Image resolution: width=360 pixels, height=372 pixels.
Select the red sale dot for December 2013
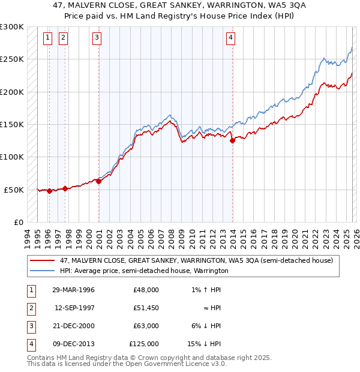(x=232, y=141)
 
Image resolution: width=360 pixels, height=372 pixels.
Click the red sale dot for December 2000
(x=99, y=181)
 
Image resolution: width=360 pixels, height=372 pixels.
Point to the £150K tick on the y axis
(x=12, y=124)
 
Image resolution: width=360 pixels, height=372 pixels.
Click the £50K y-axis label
(x=14, y=190)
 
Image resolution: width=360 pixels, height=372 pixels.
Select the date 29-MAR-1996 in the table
(x=73, y=290)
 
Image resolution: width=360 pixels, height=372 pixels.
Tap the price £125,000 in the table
(x=144, y=344)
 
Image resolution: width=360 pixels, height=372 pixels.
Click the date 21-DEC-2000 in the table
(x=73, y=326)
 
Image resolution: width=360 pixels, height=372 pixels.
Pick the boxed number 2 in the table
(x=29, y=308)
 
